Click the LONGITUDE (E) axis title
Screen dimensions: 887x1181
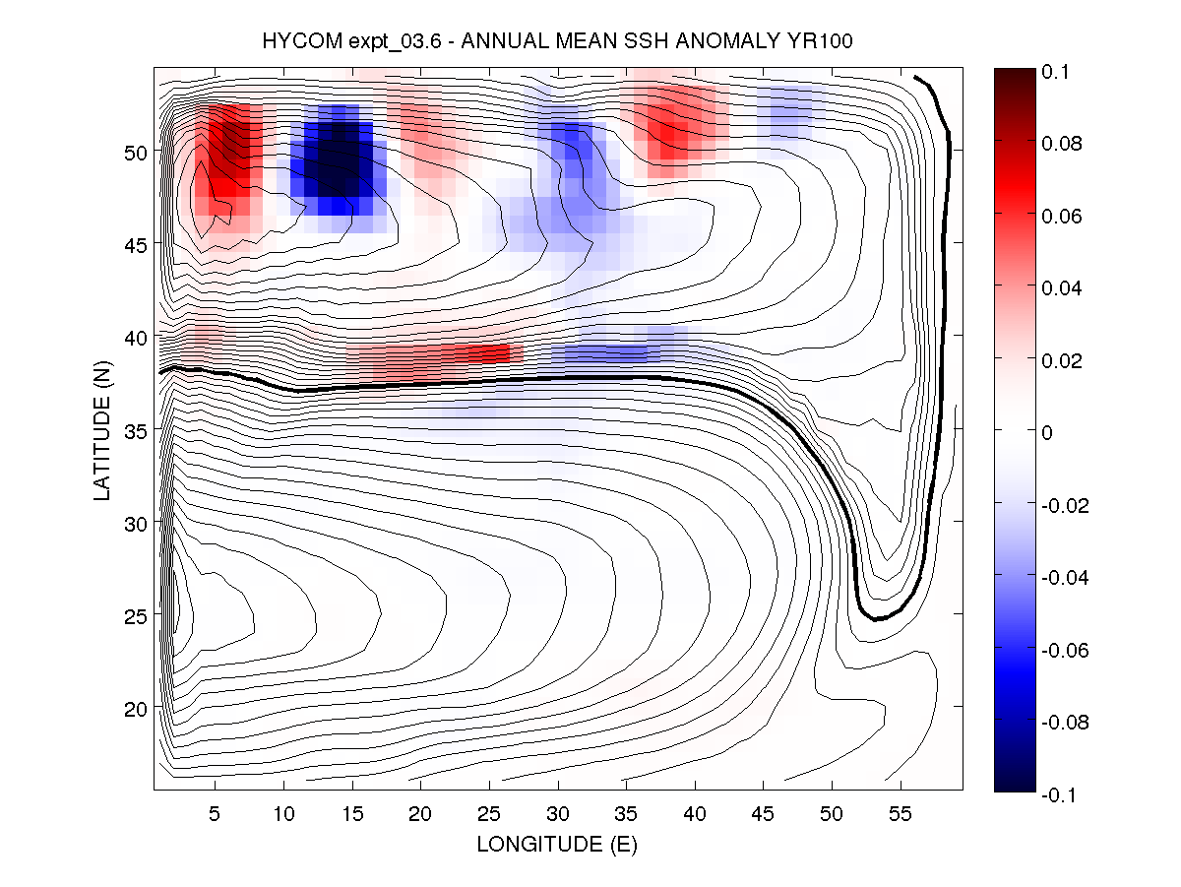[557, 845]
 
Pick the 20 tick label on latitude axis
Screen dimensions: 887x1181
[133, 708]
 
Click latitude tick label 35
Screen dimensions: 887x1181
[133, 430]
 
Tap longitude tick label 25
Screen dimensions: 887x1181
[489, 815]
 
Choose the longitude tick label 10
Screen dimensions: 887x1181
[283, 815]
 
